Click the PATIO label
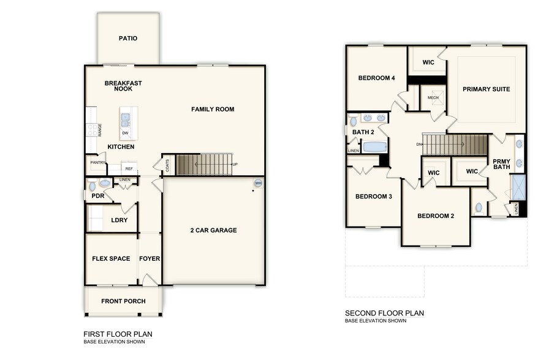point(128,39)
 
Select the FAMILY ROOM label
point(212,110)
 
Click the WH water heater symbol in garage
point(258,182)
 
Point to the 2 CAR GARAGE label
point(213,230)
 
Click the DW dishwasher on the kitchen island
point(125,133)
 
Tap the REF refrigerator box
point(129,168)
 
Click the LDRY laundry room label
point(119,220)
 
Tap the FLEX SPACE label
point(110,258)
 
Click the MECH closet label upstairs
point(433,97)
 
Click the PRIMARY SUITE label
point(486,89)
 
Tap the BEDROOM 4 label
point(377,78)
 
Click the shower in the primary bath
point(518,187)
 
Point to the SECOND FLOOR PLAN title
point(384,313)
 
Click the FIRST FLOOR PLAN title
point(118,334)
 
